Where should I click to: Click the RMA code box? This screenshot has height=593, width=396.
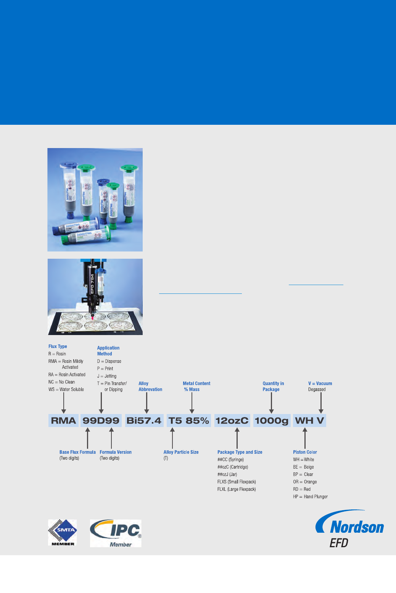pos(63,421)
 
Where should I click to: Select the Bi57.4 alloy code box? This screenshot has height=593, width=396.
pos(144,421)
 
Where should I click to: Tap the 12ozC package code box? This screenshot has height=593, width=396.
pos(232,421)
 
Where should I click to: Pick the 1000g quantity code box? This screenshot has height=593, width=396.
pos(272,421)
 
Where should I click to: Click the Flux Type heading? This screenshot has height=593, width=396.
pos(58,346)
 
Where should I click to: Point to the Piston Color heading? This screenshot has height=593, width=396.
pos(305,452)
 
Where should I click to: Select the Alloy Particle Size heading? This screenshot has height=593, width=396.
pos(181,452)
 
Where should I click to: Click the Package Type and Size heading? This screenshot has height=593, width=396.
pos(240,452)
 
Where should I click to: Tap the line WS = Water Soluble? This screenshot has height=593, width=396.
pos(66,390)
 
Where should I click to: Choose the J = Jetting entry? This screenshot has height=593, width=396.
pos(107,376)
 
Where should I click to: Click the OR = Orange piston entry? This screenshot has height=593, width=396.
pos(305,482)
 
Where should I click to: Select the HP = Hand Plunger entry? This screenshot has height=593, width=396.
pos(310,497)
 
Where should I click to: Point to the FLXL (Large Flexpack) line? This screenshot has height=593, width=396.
pos(237,489)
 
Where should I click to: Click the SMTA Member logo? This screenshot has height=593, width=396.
pos(62,533)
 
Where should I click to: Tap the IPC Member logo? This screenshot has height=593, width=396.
pos(116,533)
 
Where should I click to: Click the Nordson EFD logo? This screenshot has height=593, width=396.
pos(349,529)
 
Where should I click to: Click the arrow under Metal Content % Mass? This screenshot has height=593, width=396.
pos(192,403)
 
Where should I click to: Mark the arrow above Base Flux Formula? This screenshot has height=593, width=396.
pos(88,438)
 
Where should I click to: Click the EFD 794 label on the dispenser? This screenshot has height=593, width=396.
pos(92,284)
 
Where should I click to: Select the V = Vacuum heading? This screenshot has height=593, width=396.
pos(320,384)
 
